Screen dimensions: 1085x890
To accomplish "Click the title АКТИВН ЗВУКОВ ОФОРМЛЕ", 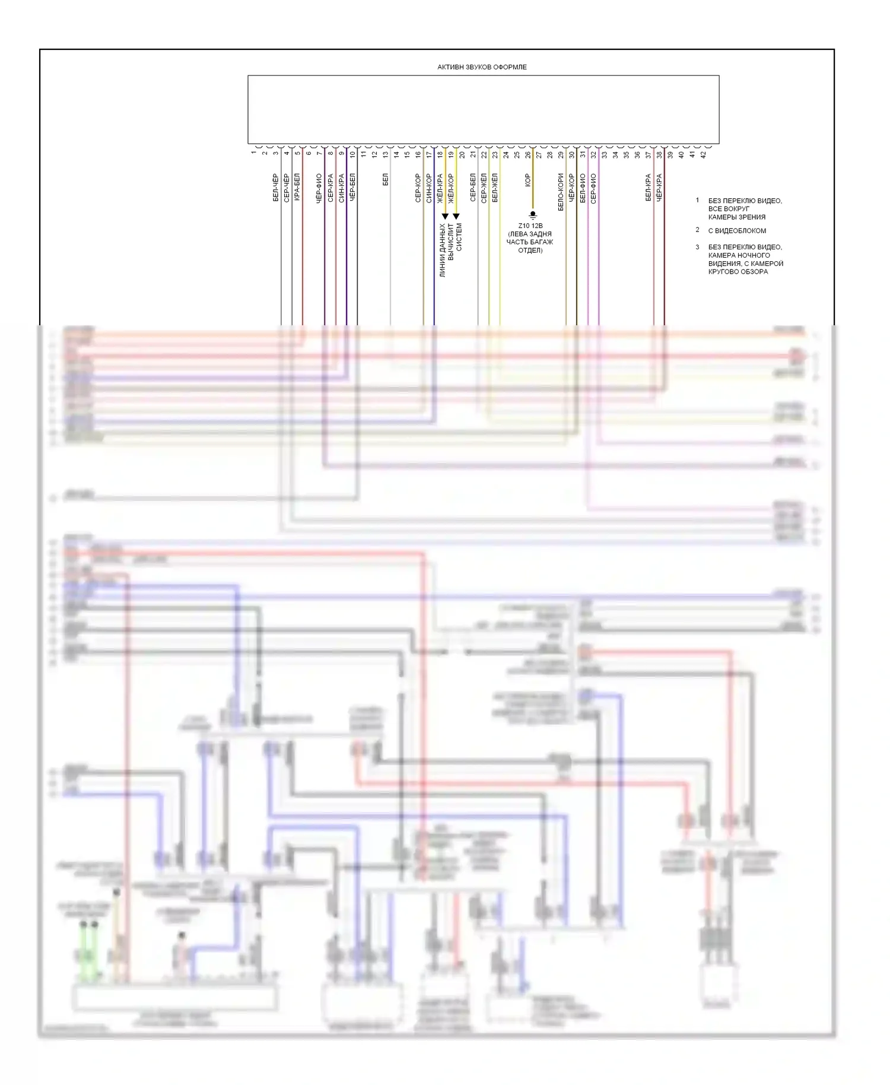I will click(x=482, y=67).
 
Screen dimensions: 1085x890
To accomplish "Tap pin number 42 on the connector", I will click(x=703, y=154).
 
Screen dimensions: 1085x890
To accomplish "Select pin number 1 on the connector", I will click(x=254, y=153).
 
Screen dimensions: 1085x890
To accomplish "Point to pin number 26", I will click(x=528, y=154).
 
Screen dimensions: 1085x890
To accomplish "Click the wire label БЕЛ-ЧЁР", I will click(x=276, y=188).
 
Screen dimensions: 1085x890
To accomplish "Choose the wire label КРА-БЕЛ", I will click(x=298, y=187).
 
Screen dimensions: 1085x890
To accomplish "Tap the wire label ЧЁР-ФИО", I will click(x=319, y=188).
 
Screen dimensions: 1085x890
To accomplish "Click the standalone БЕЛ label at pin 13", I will click(x=386, y=179).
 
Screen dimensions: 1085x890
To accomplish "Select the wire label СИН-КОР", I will click(x=429, y=188).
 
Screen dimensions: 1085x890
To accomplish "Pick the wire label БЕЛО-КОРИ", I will click(x=561, y=192).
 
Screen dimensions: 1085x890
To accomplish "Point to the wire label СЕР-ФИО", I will click(x=593, y=188).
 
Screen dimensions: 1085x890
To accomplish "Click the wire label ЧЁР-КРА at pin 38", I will click(x=659, y=188).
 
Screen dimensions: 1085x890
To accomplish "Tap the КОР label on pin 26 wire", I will click(x=527, y=180).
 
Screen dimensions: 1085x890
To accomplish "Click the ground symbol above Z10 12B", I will click(x=533, y=215).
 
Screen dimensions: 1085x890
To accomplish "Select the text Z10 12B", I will click(x=530, y=226).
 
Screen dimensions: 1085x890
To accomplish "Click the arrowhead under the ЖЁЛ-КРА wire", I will click(x=445, y=217).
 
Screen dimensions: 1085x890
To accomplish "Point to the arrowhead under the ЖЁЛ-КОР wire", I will click(x=456, y=217).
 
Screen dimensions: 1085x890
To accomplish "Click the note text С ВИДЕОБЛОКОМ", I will click(x=737, y=231).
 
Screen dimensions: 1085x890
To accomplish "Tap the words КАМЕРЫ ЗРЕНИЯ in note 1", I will click(x=736, y=217).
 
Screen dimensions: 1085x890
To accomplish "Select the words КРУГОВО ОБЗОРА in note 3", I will click(x=738, y=272).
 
